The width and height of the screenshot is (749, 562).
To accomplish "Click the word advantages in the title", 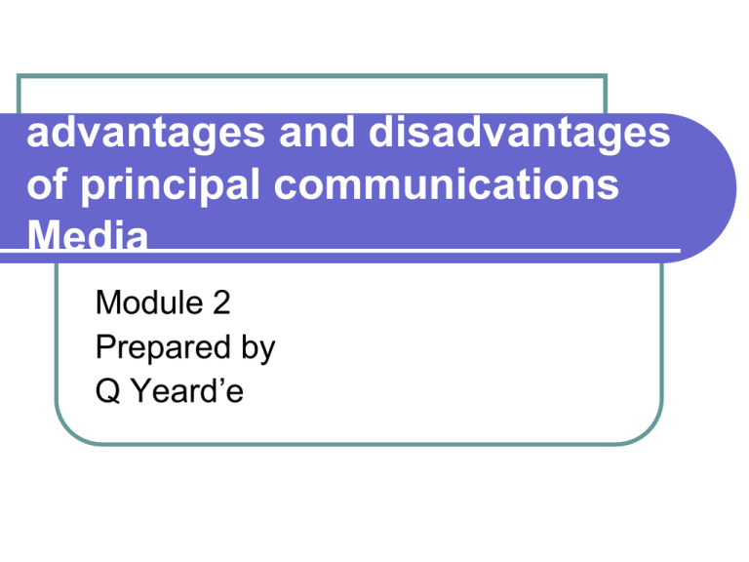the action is pos(145,134).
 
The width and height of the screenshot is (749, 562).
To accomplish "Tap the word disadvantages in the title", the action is pos(519,133).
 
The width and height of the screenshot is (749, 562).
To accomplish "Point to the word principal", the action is pos(170,186).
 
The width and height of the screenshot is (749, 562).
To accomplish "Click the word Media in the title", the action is pos(88,234).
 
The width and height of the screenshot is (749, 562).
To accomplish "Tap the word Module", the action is pos(149,302).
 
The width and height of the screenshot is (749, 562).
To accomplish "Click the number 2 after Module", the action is pos(221,302).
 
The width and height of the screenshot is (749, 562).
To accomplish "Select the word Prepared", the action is pos(164,348).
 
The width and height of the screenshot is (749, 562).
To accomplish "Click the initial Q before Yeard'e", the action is pos(108,391).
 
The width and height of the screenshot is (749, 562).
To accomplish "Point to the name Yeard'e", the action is pos(187,390).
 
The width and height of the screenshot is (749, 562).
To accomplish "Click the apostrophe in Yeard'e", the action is pos(220,381).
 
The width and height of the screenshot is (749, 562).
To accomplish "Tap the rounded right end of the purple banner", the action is pos(735,188).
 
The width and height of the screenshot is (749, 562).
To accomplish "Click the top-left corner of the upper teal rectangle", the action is pos(19,75).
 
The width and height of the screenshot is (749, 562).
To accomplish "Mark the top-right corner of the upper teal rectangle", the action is pos(606,75).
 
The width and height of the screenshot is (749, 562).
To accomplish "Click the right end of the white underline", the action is pos(680,250).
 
